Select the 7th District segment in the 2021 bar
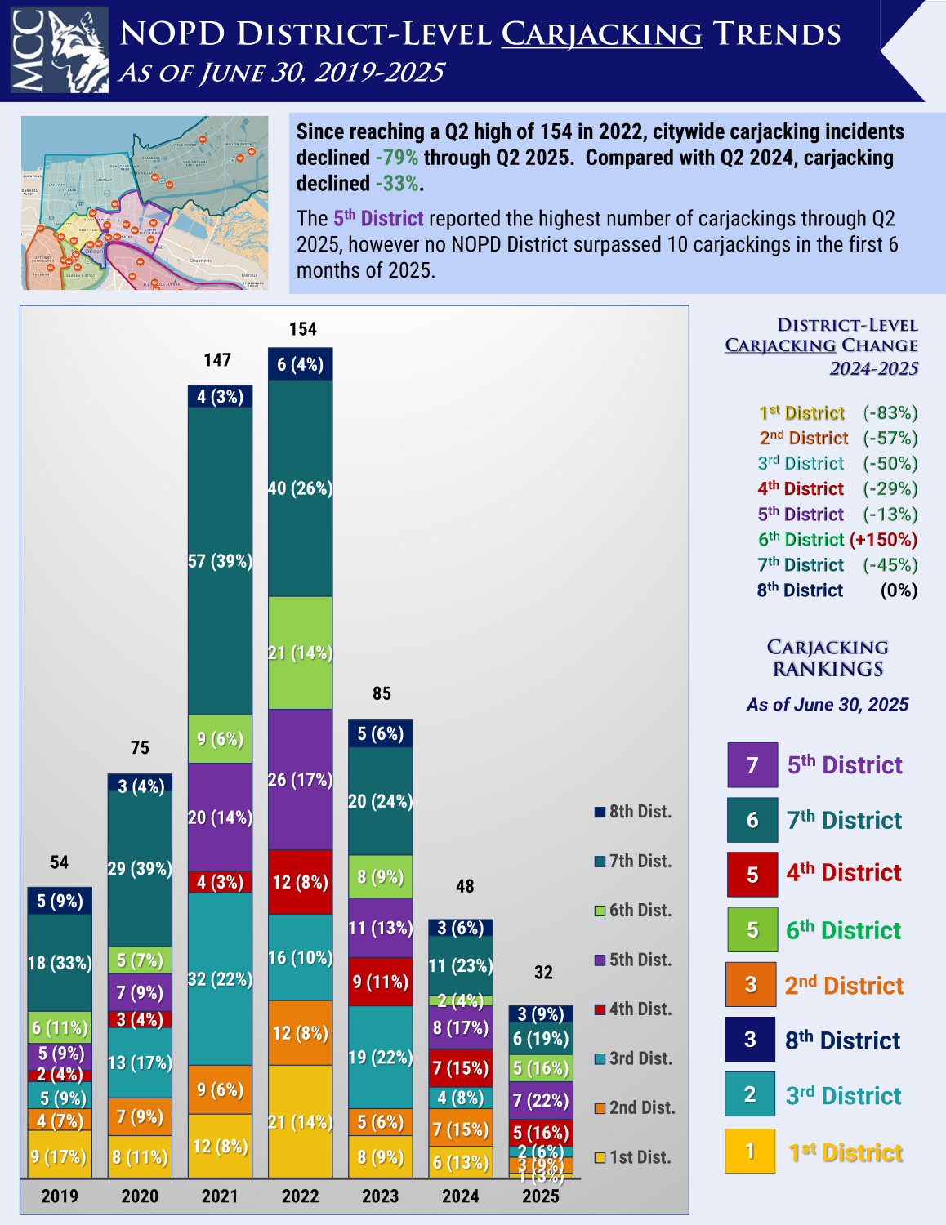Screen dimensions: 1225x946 (x=220, y=560)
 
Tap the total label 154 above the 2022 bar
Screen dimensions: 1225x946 (x=302, y=329)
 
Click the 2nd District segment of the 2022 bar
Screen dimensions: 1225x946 (x=300, y=1033)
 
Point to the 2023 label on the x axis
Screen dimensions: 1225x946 (x=381, y=1196)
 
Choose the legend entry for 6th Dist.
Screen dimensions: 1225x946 (x=633, y=911)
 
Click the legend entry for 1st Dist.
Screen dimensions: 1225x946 (x=633, y=1157)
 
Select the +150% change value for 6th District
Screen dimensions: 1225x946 (x=883, y=540)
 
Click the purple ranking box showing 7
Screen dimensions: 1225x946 (x=752, y=765)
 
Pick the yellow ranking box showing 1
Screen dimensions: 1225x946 (x=750, y=1151)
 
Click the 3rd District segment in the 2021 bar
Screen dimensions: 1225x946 (x=220, y=978)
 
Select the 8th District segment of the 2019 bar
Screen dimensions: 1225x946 (x=60, y=901)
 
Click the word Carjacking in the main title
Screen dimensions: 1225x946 (x=601, y=34)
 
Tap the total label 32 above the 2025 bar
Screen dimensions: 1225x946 (x=543, y=973)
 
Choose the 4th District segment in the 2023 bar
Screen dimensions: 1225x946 (x=380, y=981)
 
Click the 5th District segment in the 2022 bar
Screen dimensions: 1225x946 (x=300, y=780)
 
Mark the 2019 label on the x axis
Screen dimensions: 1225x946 (x=60, y=1196)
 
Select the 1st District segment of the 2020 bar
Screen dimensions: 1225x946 (x=140, y=1157)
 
